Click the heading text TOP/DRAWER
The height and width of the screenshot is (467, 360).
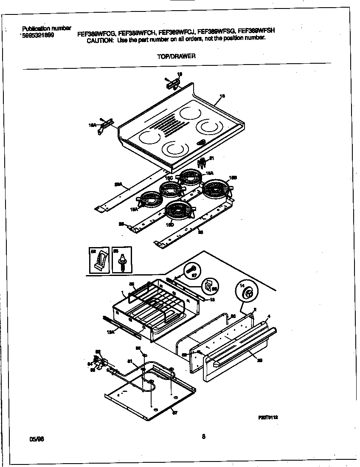click(176, 56)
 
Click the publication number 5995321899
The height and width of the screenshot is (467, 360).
click(38, 36)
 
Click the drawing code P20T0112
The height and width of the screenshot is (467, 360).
click(268, 417)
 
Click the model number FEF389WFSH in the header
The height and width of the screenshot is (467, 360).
click(256, 31)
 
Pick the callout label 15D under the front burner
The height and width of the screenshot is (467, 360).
click(170, 224)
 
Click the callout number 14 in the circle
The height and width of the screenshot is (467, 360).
click(242, 287)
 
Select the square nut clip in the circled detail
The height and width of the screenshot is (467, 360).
click(208, 287)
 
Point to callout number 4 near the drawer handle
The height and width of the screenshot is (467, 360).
click(269, 316)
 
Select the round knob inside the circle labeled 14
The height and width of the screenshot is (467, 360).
click(249, 293)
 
